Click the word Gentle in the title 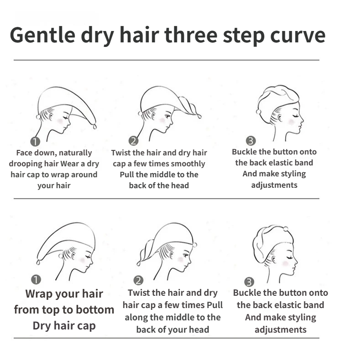point(42,35)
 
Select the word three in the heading point(191,35)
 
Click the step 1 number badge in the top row point(35,141)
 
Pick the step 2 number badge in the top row point(134,141)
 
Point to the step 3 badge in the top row point(250,141)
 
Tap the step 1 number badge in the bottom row point(36,279)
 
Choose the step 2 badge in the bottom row point(138,280)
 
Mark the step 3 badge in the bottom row point(249,282)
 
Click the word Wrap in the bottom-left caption point(39,294)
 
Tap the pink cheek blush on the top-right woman point(292,122)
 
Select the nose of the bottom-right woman point(296,262)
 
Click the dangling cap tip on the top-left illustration point(95,126)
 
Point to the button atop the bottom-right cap point(286,229)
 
